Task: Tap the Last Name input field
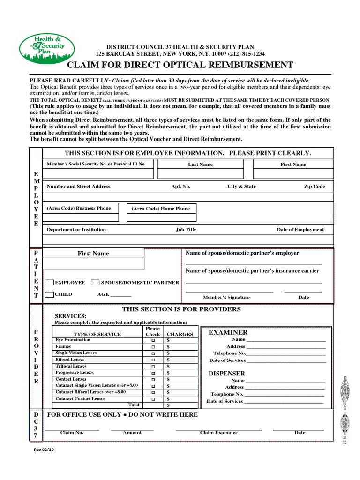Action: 200,173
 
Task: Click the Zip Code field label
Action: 314,186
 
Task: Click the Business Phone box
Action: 78,212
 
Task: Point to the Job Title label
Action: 186,230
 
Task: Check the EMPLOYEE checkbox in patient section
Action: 49,283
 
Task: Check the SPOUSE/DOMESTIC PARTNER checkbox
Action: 95,283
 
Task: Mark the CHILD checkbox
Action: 49,294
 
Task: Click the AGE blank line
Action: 120,295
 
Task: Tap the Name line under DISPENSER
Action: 285,381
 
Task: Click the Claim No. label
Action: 72,433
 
